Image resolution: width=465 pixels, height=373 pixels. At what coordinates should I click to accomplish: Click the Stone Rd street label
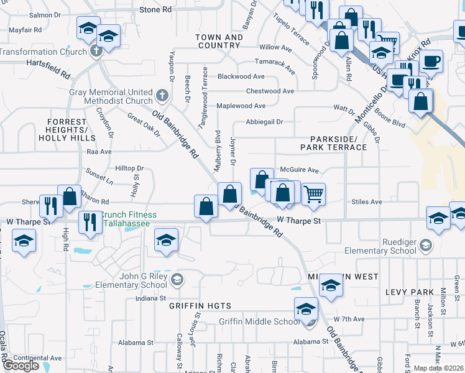[155, 10]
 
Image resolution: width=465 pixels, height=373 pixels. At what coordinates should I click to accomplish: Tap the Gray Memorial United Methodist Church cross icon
[162, 95]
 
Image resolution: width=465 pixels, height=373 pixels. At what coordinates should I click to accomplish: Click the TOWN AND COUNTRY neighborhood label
[219, 42]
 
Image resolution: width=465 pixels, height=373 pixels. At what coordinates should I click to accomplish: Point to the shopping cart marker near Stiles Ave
[314, 194]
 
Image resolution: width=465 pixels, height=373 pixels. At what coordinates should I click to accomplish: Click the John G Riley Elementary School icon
[177, 278]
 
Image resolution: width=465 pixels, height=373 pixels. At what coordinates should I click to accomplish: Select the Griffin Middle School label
[259, 321]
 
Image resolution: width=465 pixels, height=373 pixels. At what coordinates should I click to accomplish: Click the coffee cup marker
[431, 61]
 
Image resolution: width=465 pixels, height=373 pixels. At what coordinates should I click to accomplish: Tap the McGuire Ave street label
[299, 170]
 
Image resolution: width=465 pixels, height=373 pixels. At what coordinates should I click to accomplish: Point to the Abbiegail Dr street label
[264, 122]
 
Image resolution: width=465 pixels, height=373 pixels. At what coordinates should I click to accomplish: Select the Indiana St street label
[153, 299]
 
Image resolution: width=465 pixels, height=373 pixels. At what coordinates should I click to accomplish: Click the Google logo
[21, 366]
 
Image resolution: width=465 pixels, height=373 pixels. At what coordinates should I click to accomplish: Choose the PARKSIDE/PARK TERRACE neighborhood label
[333, 143]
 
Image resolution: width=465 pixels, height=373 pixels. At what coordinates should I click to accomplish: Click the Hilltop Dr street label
[129, 168]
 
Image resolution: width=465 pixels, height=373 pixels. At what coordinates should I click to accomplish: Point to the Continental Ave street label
[39, 358]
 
